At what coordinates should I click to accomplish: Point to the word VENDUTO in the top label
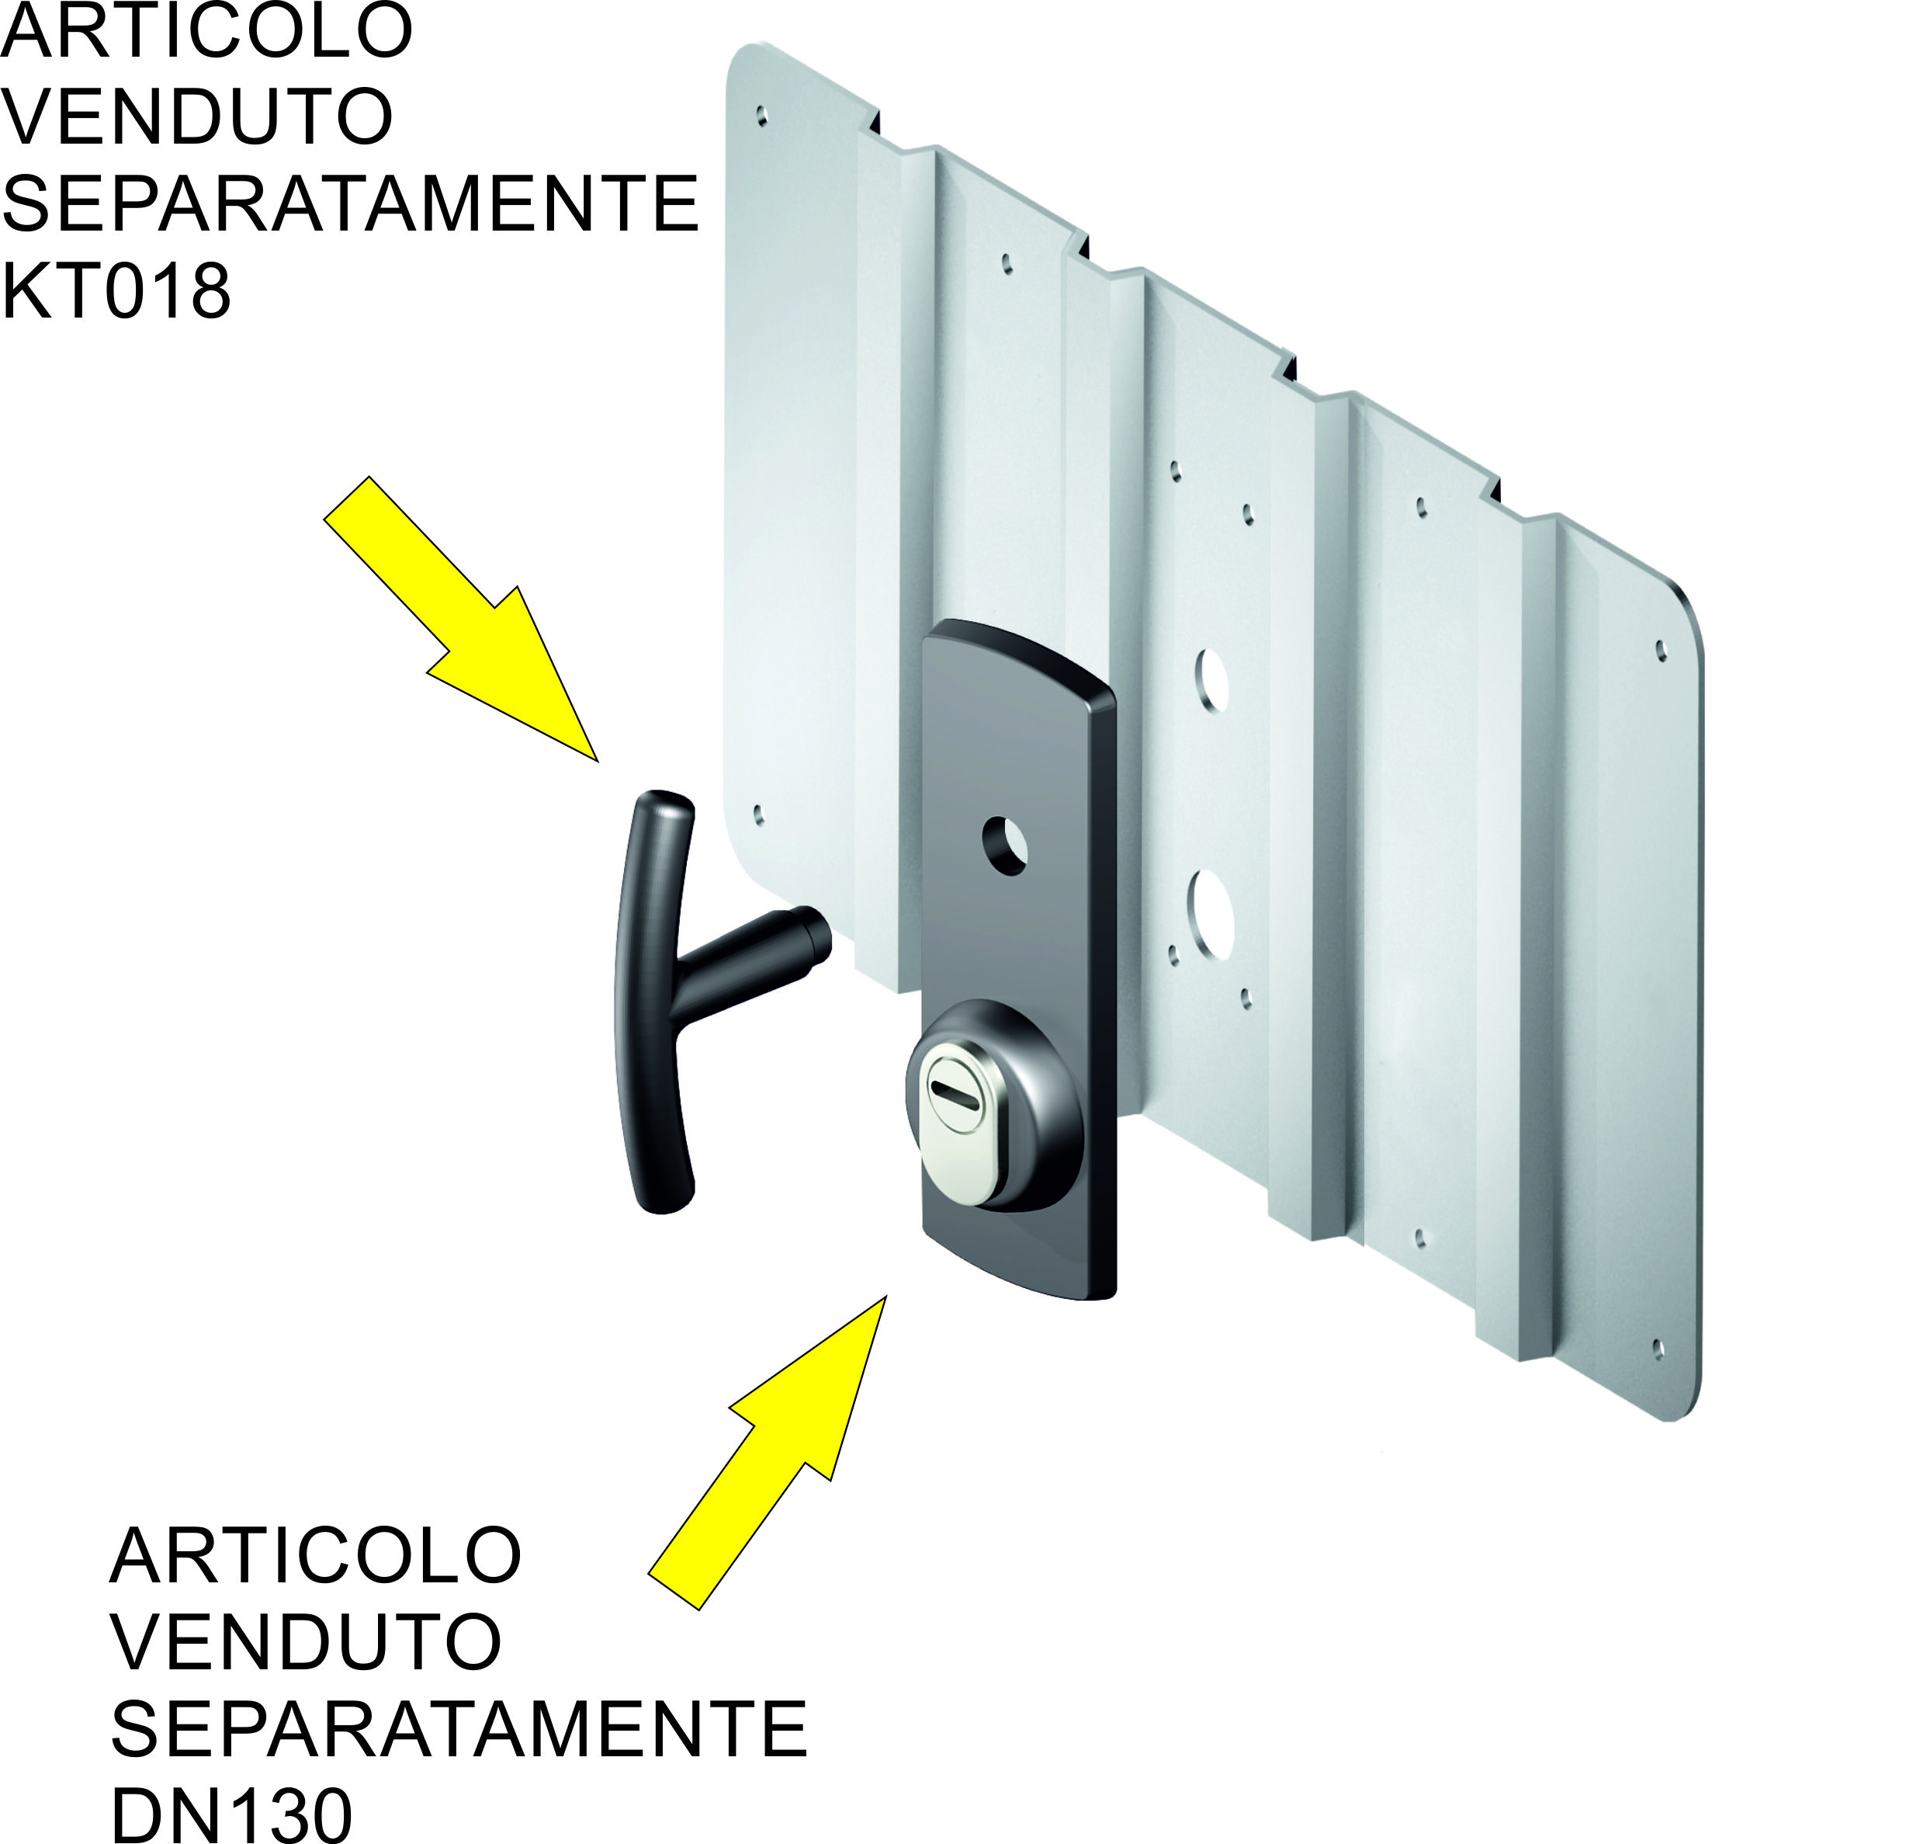pyautogui.click(x=197, y=116)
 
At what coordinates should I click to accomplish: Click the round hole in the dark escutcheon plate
pyautogui.click(x=1005, y=845)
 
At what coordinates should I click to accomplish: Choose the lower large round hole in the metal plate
pyautogui.click(x=1211, y=914)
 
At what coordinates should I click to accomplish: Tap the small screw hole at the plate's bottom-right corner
pyautogui.click(x=1658, y=1349)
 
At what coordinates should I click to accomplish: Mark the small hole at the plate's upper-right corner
pyautogui.click(x=1661, y=650)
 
